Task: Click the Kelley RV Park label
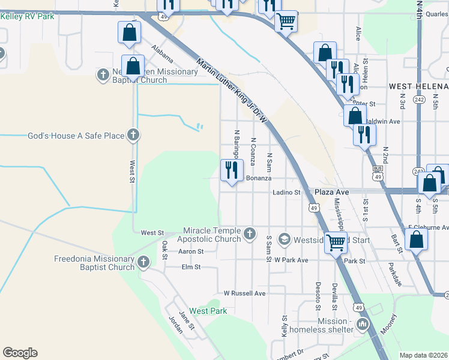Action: point(28,16)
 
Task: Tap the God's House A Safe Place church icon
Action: point(134,136)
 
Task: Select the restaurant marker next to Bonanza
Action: point(231,170)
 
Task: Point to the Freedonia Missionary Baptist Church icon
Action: point(143,262)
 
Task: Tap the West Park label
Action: point(208,311)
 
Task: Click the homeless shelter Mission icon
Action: point(362,325)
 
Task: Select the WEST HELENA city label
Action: point(418,86)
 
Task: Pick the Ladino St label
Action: point(286,192)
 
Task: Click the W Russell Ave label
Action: point(244,293)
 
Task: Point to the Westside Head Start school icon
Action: point(284,239)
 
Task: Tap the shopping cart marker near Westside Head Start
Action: point(336,242)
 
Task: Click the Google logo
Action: point(20,353)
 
